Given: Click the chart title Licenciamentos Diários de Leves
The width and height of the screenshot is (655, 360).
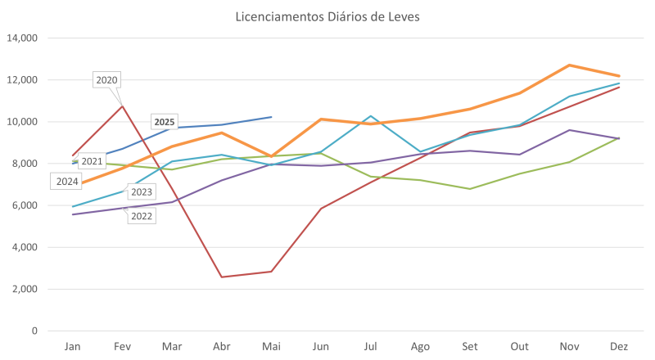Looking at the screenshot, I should point(327,17).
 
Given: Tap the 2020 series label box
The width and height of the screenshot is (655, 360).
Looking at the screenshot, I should point(107,80).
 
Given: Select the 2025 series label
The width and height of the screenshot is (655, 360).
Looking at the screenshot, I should point(165,122).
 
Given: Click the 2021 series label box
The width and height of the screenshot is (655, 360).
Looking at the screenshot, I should point(92,161).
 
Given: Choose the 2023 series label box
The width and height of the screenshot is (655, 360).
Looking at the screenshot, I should point(141,192).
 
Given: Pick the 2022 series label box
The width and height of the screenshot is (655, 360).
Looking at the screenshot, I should point(141,216).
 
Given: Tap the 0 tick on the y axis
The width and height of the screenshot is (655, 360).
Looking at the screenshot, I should point(34,331).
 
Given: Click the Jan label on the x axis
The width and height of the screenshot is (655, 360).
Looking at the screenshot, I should point(73,347).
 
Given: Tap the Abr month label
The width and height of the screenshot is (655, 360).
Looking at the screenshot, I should point(221,347).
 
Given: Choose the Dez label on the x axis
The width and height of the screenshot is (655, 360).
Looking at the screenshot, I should point(619,347).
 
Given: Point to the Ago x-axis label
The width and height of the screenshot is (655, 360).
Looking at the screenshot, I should point(420,347).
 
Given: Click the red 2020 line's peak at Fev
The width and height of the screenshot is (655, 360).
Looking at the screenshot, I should point(122,105).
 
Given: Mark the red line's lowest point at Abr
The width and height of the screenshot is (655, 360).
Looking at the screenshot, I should point(222,277).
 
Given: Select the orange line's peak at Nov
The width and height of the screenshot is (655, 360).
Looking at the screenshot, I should point(569,65).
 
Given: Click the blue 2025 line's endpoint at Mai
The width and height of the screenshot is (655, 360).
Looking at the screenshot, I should point(272,116).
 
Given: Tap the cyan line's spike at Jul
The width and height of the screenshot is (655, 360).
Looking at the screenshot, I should point(371,116).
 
